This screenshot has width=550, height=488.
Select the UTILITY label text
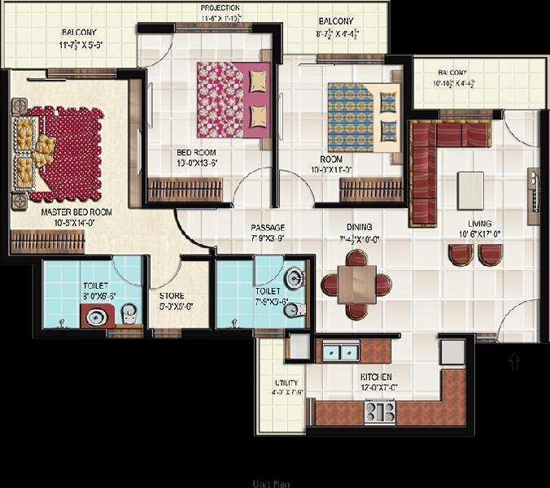click(x=286, y=381)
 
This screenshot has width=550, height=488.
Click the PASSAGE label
click(x=267, y=227)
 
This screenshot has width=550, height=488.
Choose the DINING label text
click(x=358, y=227)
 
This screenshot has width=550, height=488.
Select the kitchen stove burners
click(x=379, y=412)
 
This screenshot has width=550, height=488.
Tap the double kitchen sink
click(x=341, y=353)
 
